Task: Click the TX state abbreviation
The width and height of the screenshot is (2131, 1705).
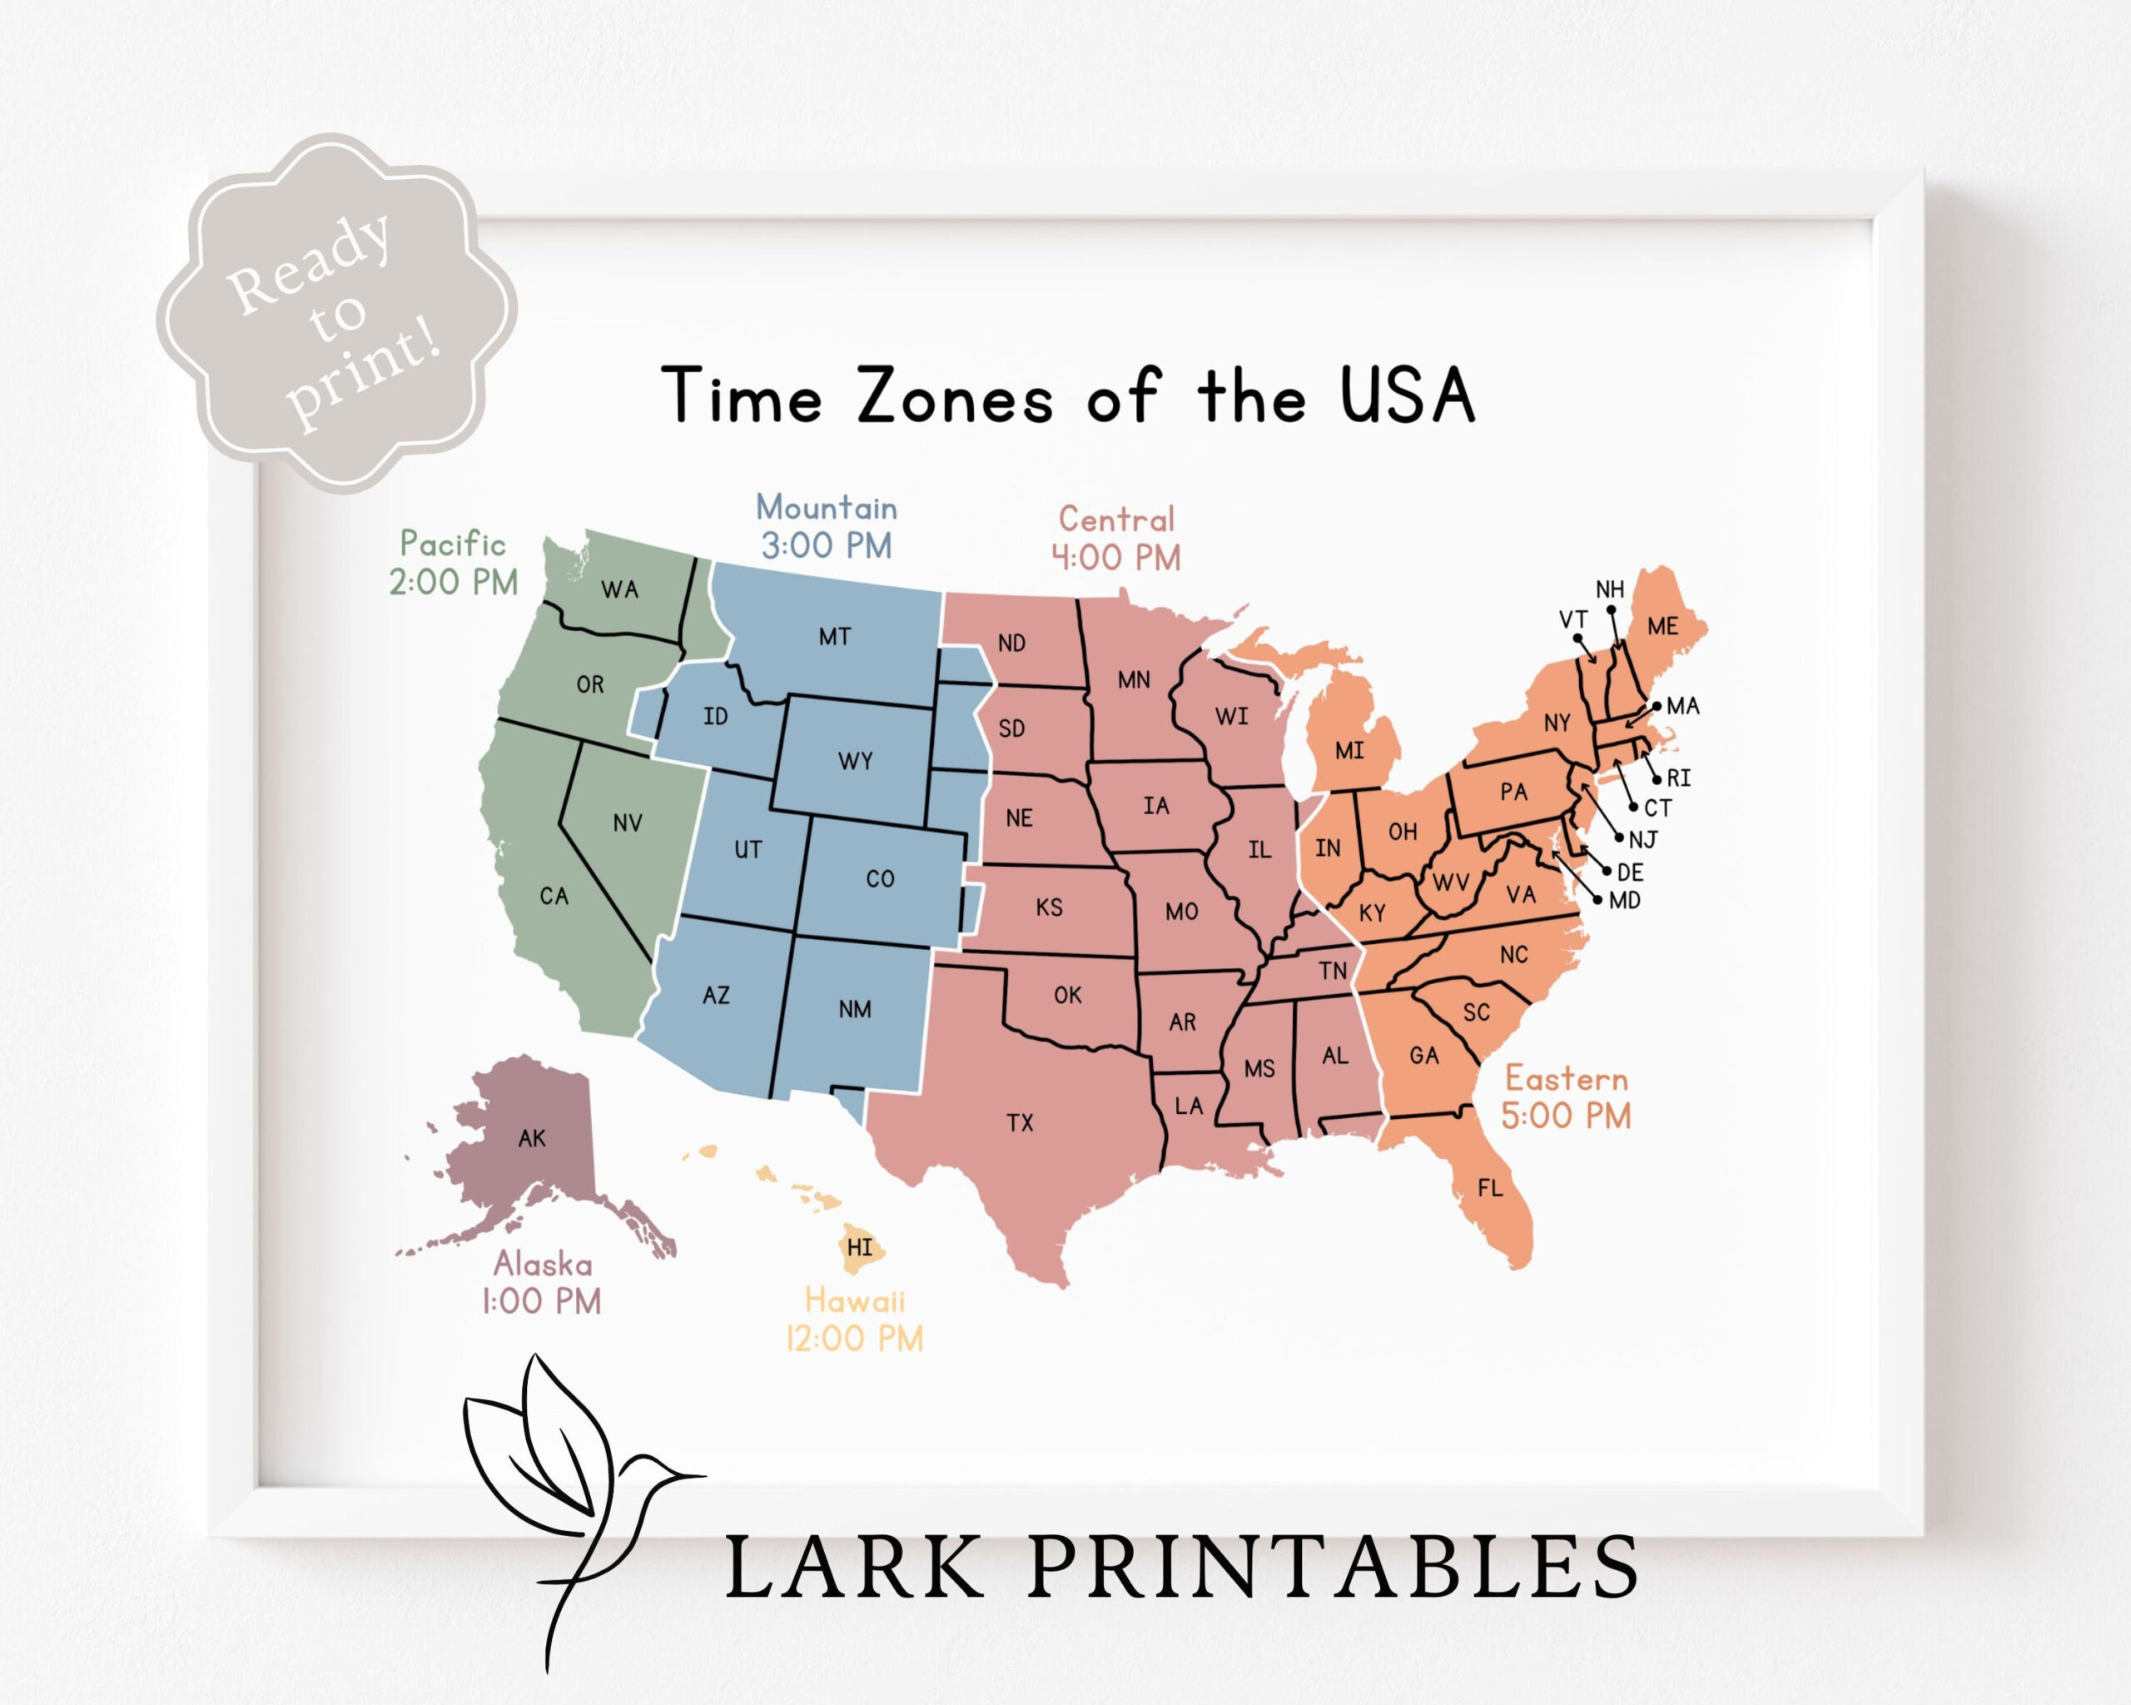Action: tap(1020, 1123)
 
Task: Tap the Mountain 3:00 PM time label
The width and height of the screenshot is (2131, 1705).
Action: tap(827, 527)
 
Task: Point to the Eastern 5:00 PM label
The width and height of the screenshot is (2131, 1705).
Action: tap(1566, 1097)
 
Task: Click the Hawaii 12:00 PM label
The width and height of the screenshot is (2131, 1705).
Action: tap(854, 1319)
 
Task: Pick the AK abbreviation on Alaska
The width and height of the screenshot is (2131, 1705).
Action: tap(532, 1139)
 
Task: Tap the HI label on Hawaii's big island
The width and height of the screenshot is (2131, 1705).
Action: tap(860, 1247)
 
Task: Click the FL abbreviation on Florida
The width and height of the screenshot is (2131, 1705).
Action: tap(1489, 1188)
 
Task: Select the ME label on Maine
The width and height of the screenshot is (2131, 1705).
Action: tap(1662, 626)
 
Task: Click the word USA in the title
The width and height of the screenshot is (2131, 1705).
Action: tap(1407, 396)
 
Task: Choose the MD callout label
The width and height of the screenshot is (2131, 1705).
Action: tap(1625, 901)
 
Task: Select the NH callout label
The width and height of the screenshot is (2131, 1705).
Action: tap(1610, 589)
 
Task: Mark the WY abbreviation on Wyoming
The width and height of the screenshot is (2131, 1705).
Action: tap(855, 761)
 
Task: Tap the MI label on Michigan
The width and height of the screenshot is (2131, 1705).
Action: tap(1349, 751)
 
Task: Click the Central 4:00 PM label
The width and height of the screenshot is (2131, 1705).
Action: tap(1116, 539)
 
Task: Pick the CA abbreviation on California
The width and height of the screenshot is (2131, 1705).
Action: tap(554, 897)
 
